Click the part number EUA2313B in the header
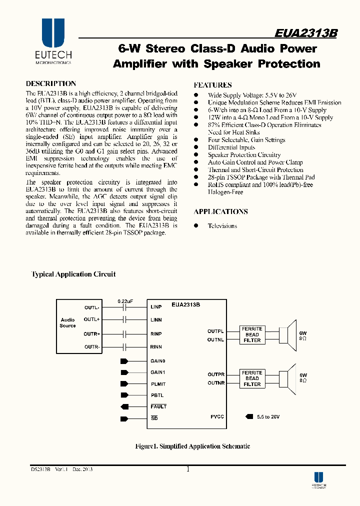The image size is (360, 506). (306, 32)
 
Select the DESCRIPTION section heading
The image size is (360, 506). (51, 84)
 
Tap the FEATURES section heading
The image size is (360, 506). (212, 85)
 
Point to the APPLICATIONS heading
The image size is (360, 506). (220, 211)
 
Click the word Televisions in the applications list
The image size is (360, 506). (222, 226)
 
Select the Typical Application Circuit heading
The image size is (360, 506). (73, 274)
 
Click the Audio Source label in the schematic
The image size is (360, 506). (67, 322)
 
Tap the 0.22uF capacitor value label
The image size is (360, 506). (125, 301)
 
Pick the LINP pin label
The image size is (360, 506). (156, 307)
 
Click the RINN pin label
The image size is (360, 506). (156, 346)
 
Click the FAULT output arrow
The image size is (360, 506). (124, 406)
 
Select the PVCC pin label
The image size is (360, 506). (217, 416)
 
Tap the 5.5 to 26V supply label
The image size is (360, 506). (268, 416)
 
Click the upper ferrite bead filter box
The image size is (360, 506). (252, 334)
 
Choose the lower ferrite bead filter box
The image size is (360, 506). (252, 378)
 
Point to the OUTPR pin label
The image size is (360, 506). (216, 374)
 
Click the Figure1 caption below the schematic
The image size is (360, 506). (193, 446)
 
